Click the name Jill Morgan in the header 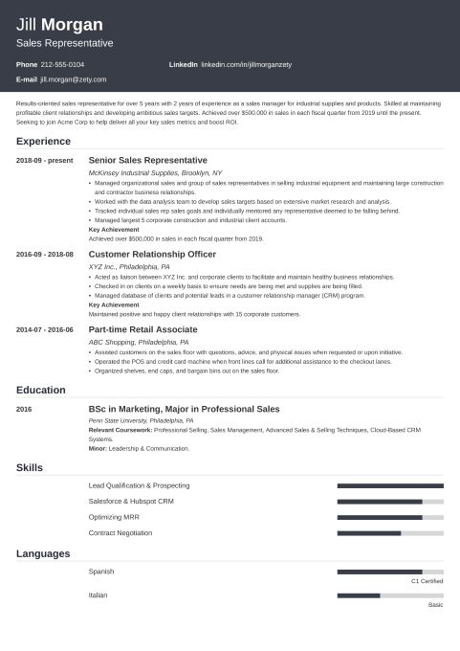(60, 24)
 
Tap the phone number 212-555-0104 (63, 64)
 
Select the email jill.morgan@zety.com (74, 79)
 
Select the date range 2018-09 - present (45, 160)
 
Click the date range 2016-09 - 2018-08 (45, 254)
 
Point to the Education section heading (40, 390)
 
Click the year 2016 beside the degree (24, 409)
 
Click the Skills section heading (29, 466)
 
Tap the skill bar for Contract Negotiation (390, 532)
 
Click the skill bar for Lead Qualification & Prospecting (390, 485)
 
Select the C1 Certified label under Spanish (427, 581)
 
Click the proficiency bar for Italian (390, 595)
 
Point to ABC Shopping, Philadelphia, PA (139, 342)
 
